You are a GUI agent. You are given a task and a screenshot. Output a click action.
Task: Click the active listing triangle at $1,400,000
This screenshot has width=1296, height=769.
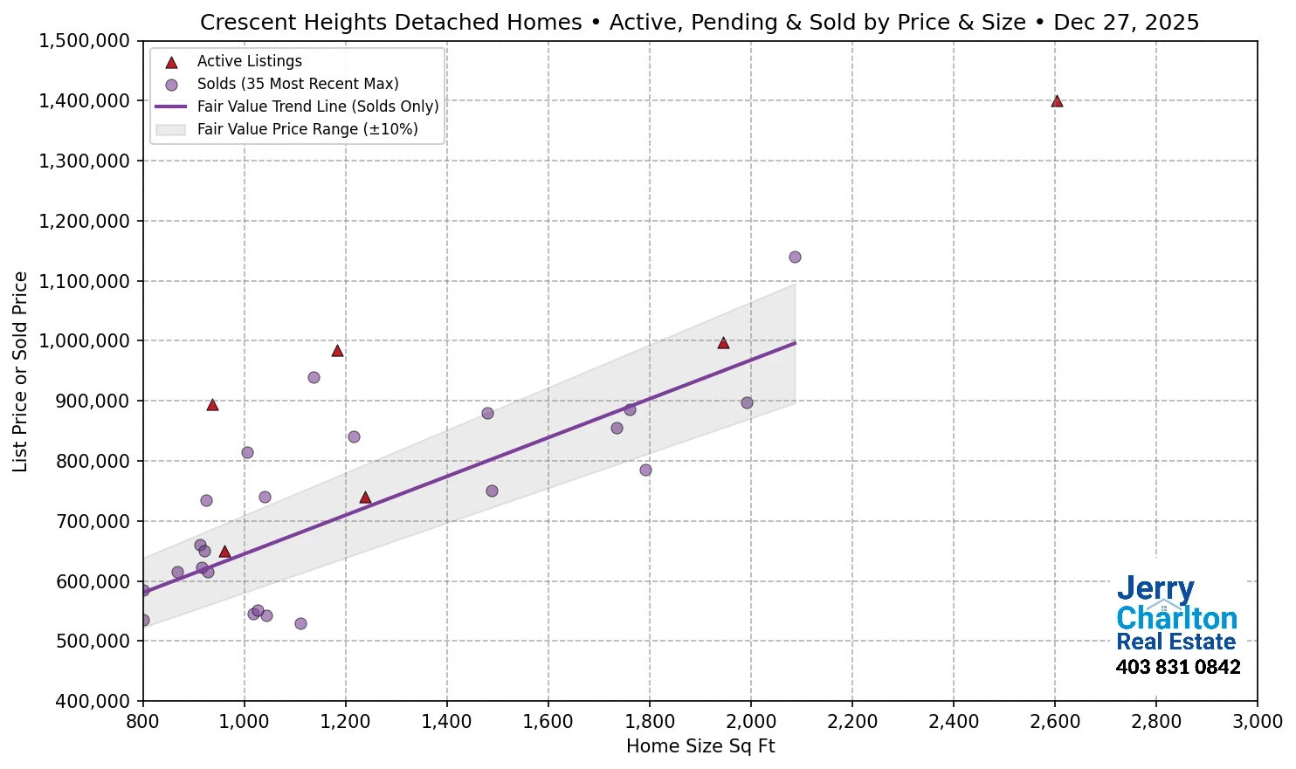pyautogui.click(x=1057, y=101)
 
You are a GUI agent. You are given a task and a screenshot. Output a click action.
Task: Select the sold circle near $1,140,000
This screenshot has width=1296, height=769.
pyautogui.click(x=795, y=257)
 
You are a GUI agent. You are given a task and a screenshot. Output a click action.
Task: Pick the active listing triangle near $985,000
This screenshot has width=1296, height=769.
pyautogui.click(x=337, y=351)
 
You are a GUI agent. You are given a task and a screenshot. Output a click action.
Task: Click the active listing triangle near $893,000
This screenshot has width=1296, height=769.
pyautogui.click(x=212, y=405)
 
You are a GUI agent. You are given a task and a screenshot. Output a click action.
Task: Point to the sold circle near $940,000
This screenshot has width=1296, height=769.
pyautogui.click(x=314, y=377)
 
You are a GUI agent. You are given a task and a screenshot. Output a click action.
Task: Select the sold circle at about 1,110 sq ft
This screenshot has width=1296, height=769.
pyautogui.click(x=300, y=623)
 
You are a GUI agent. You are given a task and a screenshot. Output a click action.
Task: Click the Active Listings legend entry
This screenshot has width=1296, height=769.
pyautogui.click(x=249, y=61)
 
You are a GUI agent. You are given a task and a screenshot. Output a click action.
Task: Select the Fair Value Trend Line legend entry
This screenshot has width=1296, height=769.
pyautogui.click(x=317, y=106)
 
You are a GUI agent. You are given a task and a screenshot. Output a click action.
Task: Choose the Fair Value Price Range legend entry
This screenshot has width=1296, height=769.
pyautogui.click(x=307, y=129)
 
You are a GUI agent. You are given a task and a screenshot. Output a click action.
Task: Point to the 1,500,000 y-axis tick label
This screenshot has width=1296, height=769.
pyautogui.click(x=85, y=41)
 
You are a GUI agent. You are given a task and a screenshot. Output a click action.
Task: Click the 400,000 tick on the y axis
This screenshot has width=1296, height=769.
pyautogui.click(x=91, y=701)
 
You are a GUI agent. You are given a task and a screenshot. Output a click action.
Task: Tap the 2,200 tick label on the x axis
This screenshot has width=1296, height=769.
pyautogui.click(x=852, y=722)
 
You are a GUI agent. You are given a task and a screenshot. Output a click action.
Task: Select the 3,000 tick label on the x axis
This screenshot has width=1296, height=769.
pyautogui.click(x=1258, y=722)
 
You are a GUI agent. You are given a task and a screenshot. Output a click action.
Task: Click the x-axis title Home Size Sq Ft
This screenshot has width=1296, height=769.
pyautogui.click(x=700, y=746)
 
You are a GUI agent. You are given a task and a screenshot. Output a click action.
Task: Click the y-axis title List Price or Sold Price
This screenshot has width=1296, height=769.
pyautogui.click(x=21, y=371)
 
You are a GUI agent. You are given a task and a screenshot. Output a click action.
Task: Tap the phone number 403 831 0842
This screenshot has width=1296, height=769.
pyautogui.click(x=1178, y=668)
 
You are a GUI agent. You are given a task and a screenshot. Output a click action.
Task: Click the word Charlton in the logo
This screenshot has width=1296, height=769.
pyautogui.click(x=1176, y=619)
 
